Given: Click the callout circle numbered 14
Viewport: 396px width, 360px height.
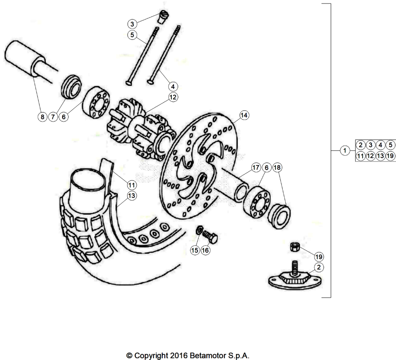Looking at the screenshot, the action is coord(244,115).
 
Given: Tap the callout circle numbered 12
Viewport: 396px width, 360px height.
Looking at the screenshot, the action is coord(173,97).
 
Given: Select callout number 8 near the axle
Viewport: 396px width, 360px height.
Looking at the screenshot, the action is coord(43,117).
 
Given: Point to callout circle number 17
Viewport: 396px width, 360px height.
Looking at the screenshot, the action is coord(256,167).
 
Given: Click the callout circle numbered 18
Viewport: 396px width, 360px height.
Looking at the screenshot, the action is coord(277,167).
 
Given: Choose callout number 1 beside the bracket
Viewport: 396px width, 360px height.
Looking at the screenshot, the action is coord(345,151).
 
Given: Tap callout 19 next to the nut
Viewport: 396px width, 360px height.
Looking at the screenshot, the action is coord(319,257).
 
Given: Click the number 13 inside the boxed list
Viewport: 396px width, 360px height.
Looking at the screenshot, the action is coord(381,156).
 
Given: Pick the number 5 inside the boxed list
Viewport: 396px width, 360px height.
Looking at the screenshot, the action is coord(391,145).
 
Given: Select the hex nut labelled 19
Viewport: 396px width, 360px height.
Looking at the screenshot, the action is coord(294,247).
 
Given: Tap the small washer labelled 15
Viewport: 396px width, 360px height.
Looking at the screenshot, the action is coord(199,230).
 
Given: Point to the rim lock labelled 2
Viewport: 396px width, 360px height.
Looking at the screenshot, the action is coord(295,278).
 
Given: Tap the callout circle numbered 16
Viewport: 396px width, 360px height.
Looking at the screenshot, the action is coord(205,250).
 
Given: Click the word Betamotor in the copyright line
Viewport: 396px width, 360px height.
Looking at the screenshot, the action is coord(208,355).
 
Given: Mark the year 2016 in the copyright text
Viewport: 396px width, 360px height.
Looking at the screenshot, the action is coord(179,355).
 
